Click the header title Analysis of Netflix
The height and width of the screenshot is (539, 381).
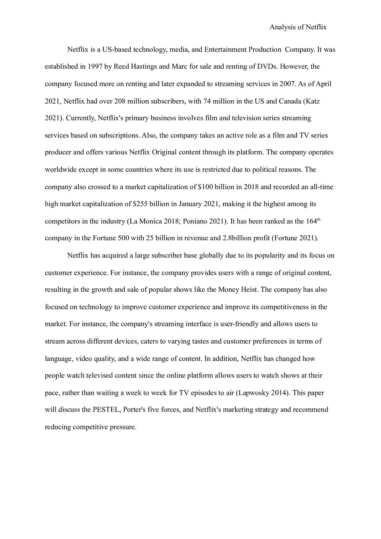coord(298,27)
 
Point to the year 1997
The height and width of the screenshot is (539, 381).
coord(95,67)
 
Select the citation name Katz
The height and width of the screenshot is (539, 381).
coord(313,101)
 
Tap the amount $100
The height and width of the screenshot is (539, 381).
coord(206,187)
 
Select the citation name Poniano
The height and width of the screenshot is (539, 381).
coord(195,221)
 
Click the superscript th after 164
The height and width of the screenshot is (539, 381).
coord(319,219)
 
